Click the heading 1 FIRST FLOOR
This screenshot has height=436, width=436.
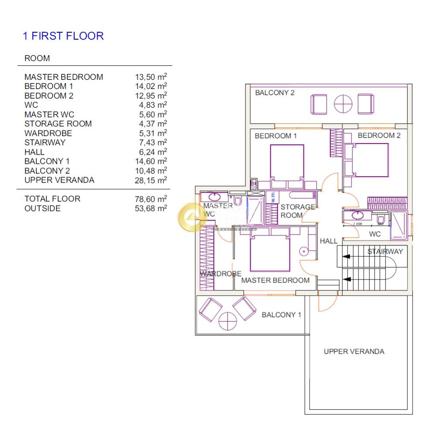pos(63,36)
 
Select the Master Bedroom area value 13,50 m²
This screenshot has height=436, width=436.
pos(151,77)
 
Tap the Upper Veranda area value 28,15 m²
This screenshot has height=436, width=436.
pos(151,180)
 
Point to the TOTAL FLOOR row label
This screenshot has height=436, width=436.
pos(52,199)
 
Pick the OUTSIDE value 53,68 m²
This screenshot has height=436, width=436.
pos(151,208)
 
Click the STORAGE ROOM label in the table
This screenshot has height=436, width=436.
pos(58,124)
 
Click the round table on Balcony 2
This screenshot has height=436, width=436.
pos(343,104)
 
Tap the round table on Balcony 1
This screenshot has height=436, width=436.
pos(228,321)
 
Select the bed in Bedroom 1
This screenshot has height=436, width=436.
pos(287,163)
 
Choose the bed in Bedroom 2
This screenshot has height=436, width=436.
pos(370,160)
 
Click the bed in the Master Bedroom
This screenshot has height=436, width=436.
pos(270,253)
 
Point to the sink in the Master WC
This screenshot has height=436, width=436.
pos(215,197)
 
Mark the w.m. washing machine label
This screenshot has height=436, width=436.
pos(273,197)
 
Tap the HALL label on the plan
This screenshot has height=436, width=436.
pos(328,241)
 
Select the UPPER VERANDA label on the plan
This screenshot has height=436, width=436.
pos(354,351)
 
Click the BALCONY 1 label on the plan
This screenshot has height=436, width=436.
pos(281,315)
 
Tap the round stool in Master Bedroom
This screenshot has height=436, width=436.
pos(303,252)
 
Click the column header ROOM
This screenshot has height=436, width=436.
pos(37,58)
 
